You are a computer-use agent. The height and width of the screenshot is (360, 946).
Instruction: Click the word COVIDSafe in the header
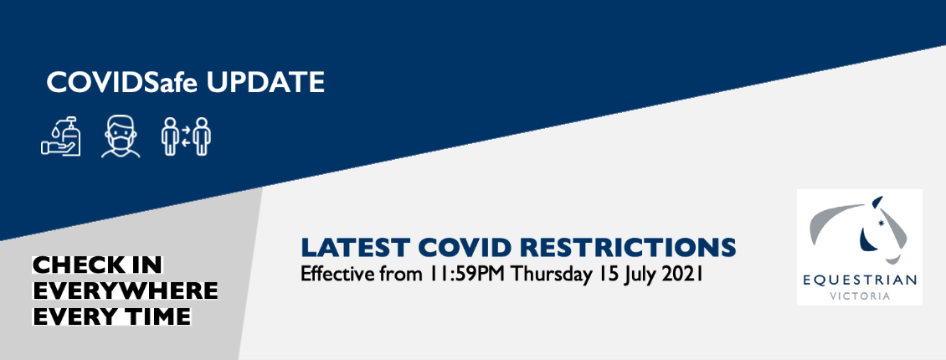(x=122, y=83)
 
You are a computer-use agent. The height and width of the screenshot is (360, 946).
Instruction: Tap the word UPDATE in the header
(x=265, y=83)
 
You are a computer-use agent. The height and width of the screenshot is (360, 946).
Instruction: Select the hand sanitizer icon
(x=61, y=136)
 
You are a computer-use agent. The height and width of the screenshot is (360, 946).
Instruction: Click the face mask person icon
(x=121, y=137)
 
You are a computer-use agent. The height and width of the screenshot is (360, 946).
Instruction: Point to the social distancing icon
(x=186, y=136)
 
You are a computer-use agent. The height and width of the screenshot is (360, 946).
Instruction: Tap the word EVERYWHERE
(x=125, y=290)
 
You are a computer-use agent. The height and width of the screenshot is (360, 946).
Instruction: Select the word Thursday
(x=552, y=275)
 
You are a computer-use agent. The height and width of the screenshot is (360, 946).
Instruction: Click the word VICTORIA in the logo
(x=860, y=296)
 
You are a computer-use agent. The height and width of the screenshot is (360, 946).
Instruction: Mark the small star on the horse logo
(x=880, y=226)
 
